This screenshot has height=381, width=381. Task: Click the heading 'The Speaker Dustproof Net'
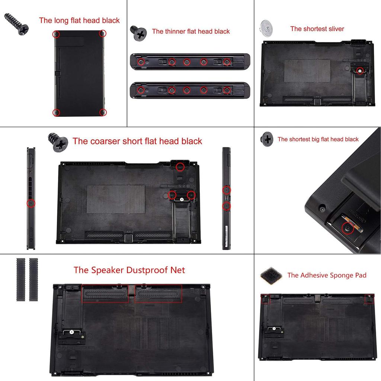pos(129,270)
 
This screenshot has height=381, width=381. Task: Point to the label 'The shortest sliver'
pos(317,29)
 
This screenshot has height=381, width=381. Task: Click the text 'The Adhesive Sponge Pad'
pos(327,275)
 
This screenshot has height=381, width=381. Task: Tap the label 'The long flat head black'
pos(79,20)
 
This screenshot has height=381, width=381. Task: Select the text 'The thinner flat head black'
pos(191,32)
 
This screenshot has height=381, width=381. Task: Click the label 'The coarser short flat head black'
pos(137,141)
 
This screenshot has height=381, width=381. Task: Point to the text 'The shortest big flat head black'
pos(318,139)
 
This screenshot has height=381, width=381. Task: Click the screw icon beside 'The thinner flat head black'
pos(138,33)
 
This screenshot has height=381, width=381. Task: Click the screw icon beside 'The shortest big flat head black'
pos(267,139)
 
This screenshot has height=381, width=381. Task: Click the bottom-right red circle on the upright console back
pos(103,112)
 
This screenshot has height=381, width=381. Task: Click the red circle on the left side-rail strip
pos(31,203)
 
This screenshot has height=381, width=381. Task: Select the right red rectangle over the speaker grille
pos(158,294)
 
